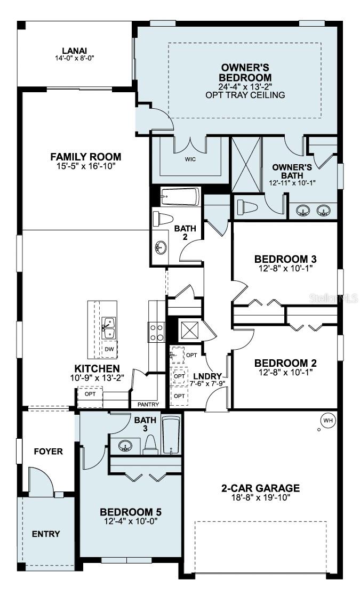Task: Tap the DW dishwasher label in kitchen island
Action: [x=110, y=349]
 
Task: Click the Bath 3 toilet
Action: [x=151, y=445]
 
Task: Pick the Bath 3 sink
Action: [x=125, y=446]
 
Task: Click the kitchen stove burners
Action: [x=157, y=333]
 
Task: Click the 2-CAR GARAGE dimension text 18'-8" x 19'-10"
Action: [x=261, y=498]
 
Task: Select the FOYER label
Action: [x=48, y=452]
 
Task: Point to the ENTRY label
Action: [x=46, y=534]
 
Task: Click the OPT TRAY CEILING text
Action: [x=245, y=95]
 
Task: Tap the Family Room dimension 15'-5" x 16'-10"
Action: [x=86, y=166]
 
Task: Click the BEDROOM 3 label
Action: [x=285, y=259]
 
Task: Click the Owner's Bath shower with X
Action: [x=246, y=164]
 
